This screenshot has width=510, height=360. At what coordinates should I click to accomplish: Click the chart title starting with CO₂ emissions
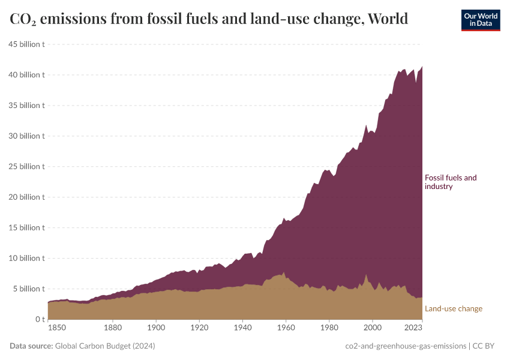(x=209, y=19)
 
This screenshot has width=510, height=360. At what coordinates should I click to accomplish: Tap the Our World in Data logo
(x=480, y=20)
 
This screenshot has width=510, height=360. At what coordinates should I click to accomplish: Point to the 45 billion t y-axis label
(x=26, y=44)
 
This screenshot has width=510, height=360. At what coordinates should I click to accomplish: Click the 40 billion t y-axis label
(x=26, y=75)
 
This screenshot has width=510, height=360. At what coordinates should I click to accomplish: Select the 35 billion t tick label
(x=26, y=106)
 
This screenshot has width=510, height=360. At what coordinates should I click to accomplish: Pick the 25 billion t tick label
(x=26, y=167)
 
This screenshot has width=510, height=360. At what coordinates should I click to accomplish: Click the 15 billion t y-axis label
(x=26, y=228)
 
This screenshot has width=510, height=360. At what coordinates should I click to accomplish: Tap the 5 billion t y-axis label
(x=28, y=289)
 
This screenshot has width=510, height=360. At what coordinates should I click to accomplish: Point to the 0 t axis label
(x=39, y=320)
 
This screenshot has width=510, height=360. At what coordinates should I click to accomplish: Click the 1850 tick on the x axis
(x=56, y=328)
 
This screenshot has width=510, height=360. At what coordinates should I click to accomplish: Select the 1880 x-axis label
(x=113, y=328)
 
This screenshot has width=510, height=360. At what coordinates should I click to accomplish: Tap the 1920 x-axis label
(x=200, y=328)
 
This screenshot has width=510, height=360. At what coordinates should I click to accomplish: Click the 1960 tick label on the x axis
(x=286, y=328)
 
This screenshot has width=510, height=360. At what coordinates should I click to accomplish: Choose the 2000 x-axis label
(x=373, y=328)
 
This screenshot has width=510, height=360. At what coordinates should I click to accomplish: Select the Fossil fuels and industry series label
(x=450, y=182)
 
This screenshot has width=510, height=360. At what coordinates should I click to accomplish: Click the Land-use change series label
(x=453, y=309)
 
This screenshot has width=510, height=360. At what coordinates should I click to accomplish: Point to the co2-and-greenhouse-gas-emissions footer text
(x=406, y=346)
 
